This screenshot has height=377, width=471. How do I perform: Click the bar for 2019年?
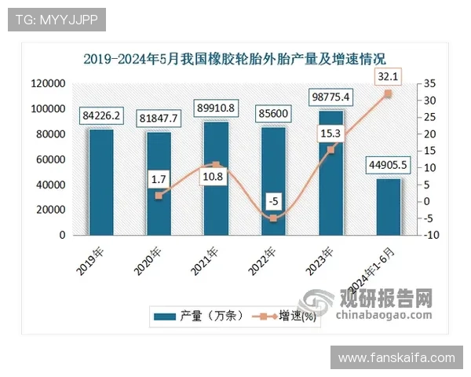coord(100,181)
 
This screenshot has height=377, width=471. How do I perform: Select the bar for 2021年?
coord(215,178)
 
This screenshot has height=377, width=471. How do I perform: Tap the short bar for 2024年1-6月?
coord(387,206)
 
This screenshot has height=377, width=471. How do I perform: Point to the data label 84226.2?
coord(100,116)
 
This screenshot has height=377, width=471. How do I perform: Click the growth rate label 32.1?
coord(387,76)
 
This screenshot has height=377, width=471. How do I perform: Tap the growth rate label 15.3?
coord(330,134)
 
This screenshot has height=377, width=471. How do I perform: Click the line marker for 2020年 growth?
coord(158,196)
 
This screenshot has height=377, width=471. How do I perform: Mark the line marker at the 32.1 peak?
coord(387,93)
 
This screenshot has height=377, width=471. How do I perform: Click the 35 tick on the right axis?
coord(425,83)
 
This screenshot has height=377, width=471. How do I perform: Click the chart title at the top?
coord(235,58)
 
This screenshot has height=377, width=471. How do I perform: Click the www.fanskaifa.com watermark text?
coord(396,357)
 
